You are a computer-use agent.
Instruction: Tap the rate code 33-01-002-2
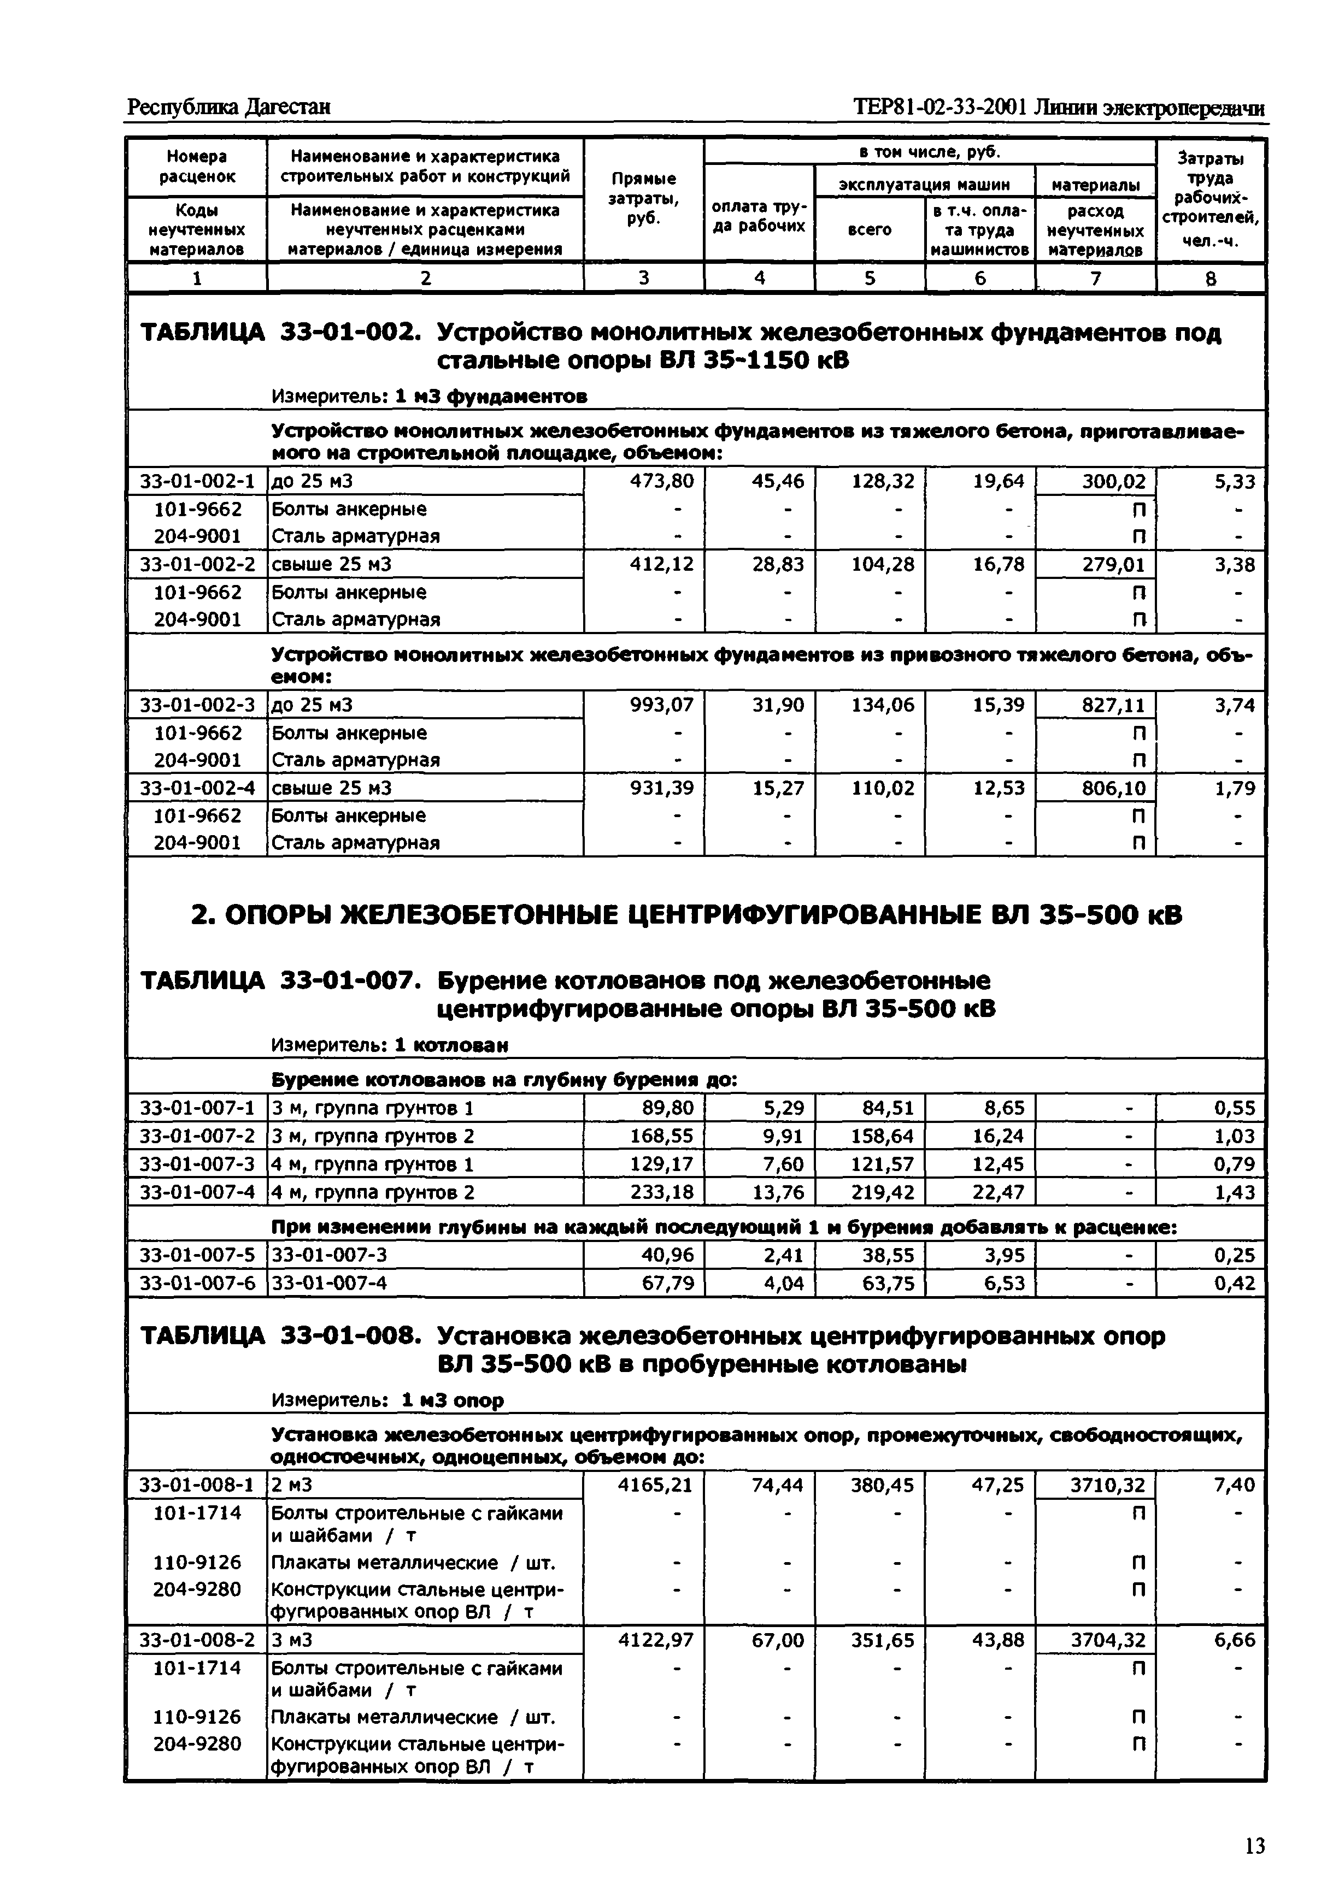point(197,564)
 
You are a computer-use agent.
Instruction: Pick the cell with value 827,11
point(1113,705)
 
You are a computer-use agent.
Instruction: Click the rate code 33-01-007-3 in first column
point(197,1163)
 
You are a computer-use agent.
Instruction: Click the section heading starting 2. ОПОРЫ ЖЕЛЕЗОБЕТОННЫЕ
point(686,915)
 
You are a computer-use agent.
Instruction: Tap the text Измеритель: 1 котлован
point(389,1045)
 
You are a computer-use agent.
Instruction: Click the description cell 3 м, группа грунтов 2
point(373,1136)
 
